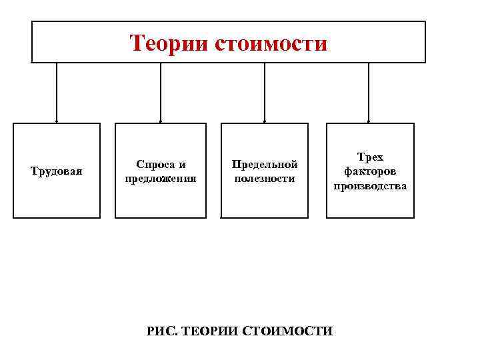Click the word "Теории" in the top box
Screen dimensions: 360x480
tap(169, 43)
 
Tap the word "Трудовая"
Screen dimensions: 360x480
tap(57, 171)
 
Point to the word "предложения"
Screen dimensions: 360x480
tap(161, 179)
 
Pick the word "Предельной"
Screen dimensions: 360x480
tap(265, 164)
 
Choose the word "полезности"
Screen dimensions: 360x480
tap(265, 179)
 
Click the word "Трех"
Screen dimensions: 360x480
tap(370, 157)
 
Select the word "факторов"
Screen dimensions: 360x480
tap(370, 171)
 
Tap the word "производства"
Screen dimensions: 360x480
tap(370, 186)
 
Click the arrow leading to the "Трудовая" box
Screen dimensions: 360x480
tap(57, 93)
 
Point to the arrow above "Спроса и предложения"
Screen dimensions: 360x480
tap(161, 93)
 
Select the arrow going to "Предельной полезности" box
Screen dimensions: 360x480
tap(265, 93)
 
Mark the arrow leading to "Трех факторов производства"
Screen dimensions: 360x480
tap(369, 93)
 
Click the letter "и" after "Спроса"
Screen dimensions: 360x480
tap(182, 164)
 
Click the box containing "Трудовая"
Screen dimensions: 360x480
tap(57, 200)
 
